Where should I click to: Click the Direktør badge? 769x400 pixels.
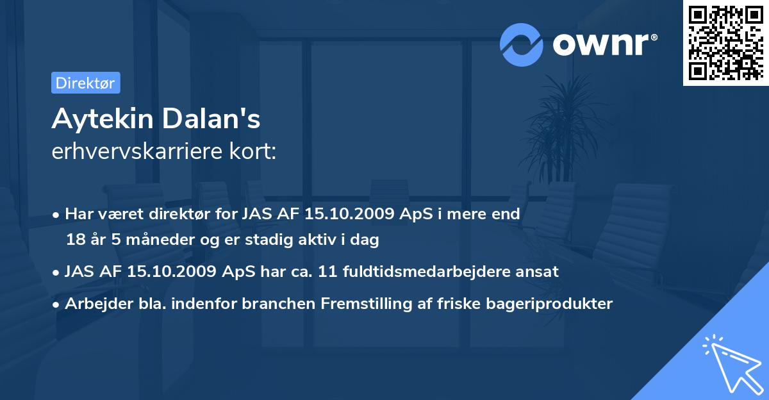tap(85, 83)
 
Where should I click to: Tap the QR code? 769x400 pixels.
tap(725, 43)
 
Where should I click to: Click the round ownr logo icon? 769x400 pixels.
tap(522, 44)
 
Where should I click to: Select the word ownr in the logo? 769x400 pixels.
tap(604, 44)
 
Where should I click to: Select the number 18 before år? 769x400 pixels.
tap(74, 240)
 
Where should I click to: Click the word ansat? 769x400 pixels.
tap(540, 272)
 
